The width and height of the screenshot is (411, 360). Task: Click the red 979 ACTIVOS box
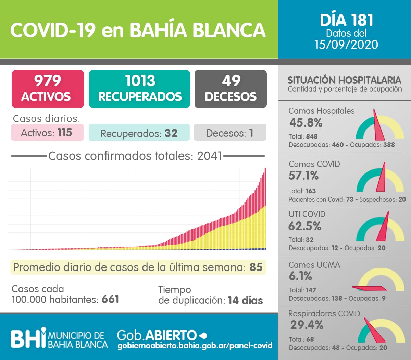(48, 89)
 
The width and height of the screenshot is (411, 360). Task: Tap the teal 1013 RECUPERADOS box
(139, 89)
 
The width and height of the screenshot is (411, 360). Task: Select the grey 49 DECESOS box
(231, 89)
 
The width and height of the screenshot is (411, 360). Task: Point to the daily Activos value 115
(64, 132)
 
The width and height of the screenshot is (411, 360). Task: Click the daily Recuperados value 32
(171, 133)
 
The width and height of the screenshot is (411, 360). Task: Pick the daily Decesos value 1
(251, 133)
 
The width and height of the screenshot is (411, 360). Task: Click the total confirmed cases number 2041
(209, 156)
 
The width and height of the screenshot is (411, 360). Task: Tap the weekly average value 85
(256, 267)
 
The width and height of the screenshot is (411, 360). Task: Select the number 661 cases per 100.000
(110, 299)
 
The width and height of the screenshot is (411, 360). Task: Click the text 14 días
(245, 300)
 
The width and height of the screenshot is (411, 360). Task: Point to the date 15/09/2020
(346, 45)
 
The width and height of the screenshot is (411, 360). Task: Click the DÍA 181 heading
(346, 20)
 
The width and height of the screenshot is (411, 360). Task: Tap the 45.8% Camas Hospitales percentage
(306, 122)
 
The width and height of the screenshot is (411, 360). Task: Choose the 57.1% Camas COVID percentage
(303, 176)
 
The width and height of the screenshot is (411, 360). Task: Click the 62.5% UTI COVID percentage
(305, 226)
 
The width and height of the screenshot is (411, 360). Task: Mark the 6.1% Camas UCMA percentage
(300, 276)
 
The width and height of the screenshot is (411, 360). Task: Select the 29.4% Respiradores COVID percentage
(307, 325)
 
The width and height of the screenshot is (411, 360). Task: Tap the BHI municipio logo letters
(28, 338)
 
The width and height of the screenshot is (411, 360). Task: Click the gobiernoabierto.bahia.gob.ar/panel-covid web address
(195, 346)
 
